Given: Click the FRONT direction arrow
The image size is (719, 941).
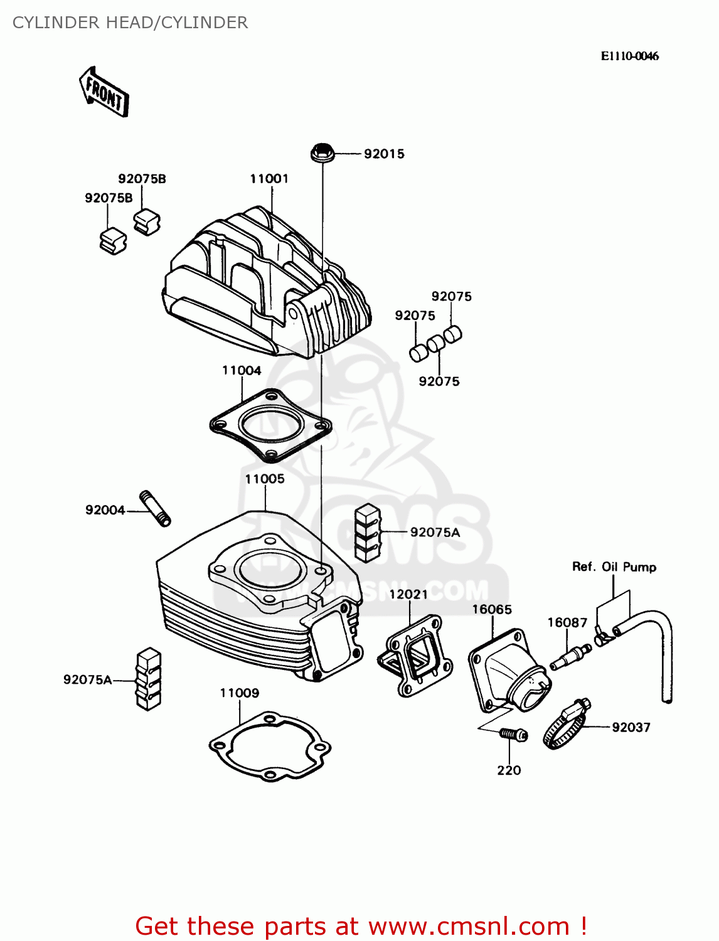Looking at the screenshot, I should click(x=104, y=92).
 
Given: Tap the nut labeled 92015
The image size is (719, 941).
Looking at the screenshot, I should click(x=322, y=152).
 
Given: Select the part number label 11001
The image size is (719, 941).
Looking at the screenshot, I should click(x=269, y=179).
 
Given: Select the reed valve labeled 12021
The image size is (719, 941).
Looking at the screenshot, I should click(x=415, y=656).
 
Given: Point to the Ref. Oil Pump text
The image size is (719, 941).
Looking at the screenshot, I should click(x=614, y=567).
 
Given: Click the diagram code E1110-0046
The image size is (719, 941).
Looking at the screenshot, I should click(x=629, y=56).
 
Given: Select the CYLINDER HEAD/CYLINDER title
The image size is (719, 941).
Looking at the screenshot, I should click(x=130, y=23).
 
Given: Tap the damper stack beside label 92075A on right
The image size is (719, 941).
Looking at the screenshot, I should click(x=368, y=533).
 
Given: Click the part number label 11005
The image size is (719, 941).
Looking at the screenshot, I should click(x=265, y=479).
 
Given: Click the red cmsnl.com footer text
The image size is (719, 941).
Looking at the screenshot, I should click(x=361, y=926).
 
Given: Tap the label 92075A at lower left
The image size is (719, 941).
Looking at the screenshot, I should click(x=87, y=679).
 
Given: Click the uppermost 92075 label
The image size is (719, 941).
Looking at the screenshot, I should click(x=451, y=297).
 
